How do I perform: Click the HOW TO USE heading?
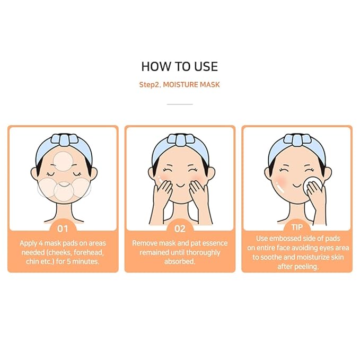(179, 67)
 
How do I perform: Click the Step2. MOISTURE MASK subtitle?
(179, 84)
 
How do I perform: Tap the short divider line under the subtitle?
(179, 104)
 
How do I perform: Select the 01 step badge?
(63, 229)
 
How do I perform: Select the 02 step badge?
(180, 229)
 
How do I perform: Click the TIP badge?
(296, 229)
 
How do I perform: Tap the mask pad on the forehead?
(63, 160)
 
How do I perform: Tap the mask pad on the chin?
(63, 192)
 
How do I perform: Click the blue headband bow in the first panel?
(63, 140)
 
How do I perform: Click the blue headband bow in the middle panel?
(179, 140)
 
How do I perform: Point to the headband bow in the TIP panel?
(296, 140)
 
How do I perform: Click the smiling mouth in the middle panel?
(179, 187)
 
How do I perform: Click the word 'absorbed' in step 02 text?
(179, 261)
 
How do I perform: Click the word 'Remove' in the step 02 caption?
(145, 243)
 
